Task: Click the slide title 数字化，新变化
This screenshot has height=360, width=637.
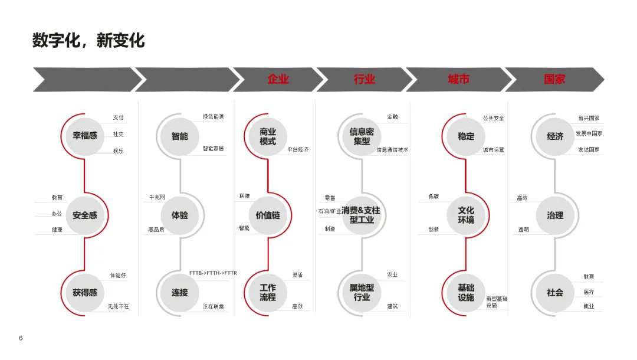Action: click(88, 41)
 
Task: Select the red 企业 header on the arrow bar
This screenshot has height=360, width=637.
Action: click(278, 79)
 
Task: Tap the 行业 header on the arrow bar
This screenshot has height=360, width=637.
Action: click(364, 79)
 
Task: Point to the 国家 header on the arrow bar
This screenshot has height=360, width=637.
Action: click(554, 79)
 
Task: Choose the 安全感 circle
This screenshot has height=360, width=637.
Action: click(85, 215)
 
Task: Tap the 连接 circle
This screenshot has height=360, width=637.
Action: click(180, 292)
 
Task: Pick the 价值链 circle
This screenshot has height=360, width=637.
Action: click(268, 215)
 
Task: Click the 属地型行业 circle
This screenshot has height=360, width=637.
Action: click(362, 292)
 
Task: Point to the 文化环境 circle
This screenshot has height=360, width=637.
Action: click(466, 215)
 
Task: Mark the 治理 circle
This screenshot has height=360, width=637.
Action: click(555, 215)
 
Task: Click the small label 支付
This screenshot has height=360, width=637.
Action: click(119, 117)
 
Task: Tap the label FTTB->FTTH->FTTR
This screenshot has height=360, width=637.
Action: click(213, 273)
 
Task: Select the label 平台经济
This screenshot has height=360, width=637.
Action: click(298, 150)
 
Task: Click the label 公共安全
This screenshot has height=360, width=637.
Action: click(494, 118)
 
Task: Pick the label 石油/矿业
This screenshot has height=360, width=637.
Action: click(330, 211)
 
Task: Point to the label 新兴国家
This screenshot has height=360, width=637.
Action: click(589, 118)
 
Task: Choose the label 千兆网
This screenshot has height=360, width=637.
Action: click(157, 197)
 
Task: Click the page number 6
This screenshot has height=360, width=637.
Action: click(21, 338)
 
